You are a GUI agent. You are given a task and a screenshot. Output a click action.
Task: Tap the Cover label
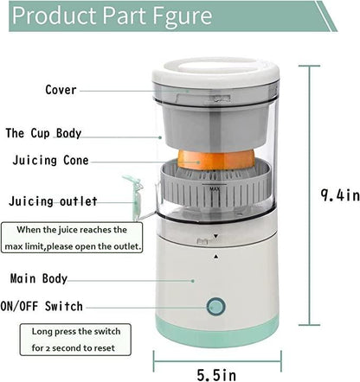click(61, 89)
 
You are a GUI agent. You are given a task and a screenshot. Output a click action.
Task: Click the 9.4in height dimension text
click(338, 195)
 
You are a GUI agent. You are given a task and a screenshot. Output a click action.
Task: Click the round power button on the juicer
click(213, 307)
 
